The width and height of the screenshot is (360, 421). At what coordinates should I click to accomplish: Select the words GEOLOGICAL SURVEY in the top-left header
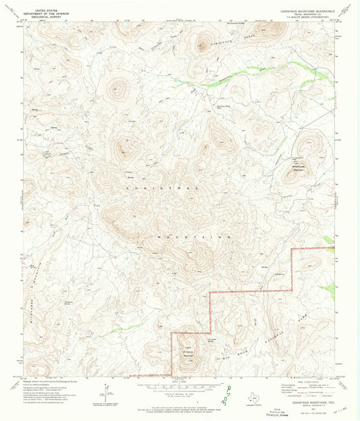(45, 17)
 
